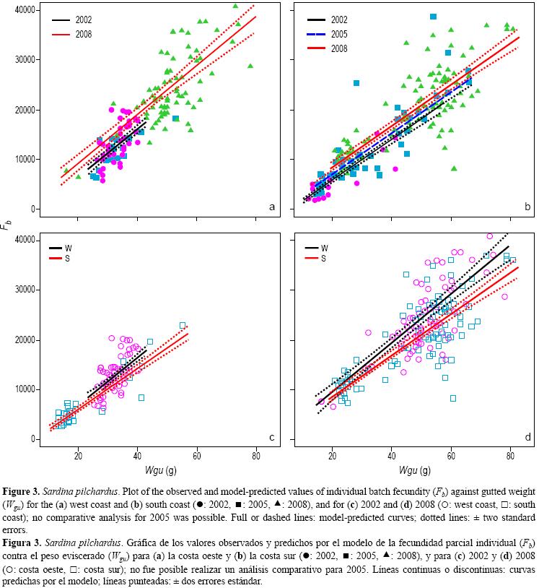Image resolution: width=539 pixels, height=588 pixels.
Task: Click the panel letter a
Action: [272, 207]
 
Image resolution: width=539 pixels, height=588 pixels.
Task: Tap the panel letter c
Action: [272, 437]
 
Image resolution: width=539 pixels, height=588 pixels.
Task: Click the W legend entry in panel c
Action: [68, 247]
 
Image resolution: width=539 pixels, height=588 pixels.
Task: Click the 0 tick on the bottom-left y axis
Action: [32, 439]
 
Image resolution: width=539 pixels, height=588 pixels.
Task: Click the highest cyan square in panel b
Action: [433, 17]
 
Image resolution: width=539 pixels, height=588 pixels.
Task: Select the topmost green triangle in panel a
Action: [235, 7]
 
